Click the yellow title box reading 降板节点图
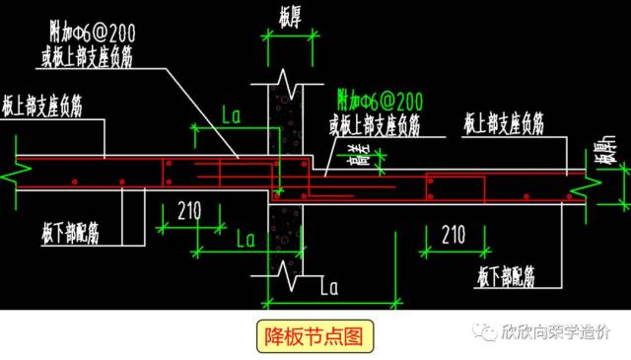point(315,336)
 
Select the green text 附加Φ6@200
point(380,99)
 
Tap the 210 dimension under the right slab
point(454,235)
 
